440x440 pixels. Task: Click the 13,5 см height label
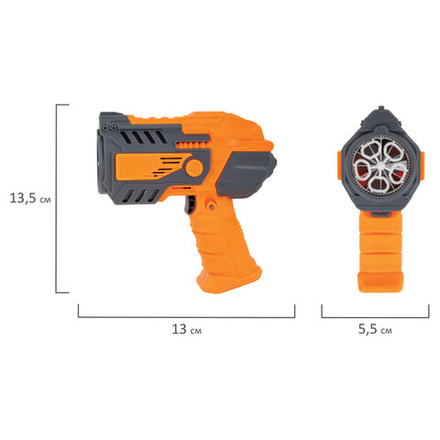30,198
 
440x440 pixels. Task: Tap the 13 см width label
186,329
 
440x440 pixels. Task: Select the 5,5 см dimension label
375,329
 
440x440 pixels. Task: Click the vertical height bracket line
56,199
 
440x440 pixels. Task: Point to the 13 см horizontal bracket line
186,317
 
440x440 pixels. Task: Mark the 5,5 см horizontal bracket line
375,317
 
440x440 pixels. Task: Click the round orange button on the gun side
194,168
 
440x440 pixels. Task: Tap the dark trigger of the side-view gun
190,204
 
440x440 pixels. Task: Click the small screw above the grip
211,207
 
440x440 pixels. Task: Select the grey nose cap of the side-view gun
246,174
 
